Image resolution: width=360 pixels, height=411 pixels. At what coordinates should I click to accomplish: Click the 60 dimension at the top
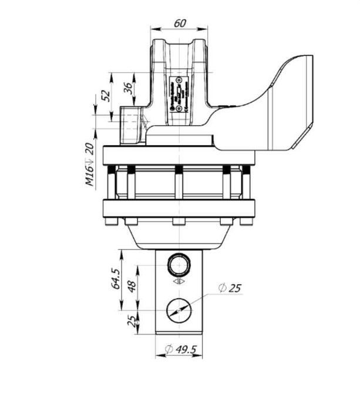[x=180, y=23]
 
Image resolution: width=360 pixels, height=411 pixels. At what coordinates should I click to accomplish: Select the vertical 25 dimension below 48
[x=132, y=321]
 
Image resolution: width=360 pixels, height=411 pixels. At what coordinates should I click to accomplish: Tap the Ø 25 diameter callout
[x=230, y=288]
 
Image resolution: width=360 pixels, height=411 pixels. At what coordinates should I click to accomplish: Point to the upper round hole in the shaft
[x=179, y=265]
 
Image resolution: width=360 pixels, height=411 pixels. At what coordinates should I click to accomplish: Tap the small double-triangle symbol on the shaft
[x=179, y=282]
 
